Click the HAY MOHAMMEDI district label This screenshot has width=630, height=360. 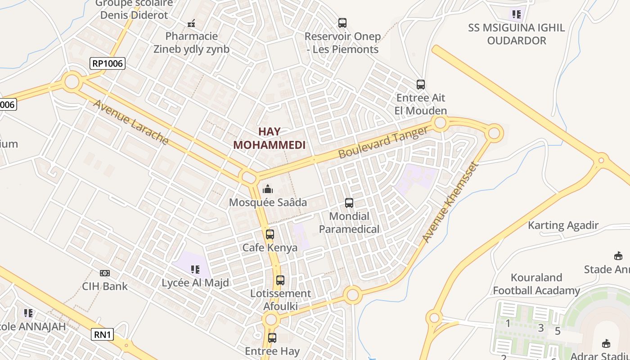coord(269,138)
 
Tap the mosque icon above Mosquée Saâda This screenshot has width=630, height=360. coord(268,189)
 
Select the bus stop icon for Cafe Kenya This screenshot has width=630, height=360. coord(270,234)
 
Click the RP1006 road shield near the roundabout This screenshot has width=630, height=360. coord(108,63)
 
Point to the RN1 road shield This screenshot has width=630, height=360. coord(103,334)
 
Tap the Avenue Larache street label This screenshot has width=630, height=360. coord(131,122)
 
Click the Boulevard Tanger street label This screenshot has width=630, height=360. coord(383,142)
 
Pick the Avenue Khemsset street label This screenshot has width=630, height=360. coord(450,202)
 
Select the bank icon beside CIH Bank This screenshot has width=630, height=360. coord(105,273)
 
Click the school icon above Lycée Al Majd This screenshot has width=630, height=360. coord(195,270)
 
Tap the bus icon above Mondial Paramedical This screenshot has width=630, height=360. coord(349,203)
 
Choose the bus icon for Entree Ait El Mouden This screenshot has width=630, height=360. coord(421,85)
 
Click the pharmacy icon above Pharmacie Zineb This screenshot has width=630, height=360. coord(191,23)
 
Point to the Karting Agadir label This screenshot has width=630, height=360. coord(563,225)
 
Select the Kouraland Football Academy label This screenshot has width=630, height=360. coord(536,284)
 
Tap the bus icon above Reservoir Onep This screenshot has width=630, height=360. coord(342,23)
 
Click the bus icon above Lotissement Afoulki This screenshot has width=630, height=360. coord(280,280)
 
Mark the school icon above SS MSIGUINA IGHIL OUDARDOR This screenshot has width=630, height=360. coord(517,14)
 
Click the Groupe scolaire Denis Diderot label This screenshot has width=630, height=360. coord(134,9)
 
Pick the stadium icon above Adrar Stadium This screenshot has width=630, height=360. coord(606,344)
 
